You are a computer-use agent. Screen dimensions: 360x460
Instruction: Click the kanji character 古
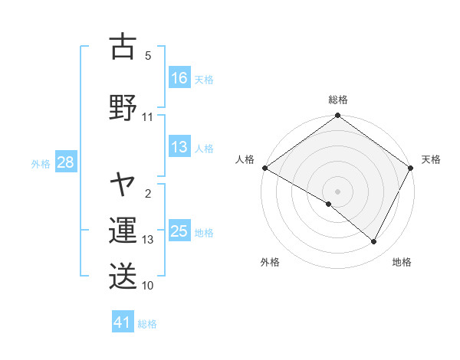123,47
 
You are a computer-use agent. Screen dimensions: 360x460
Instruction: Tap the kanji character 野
123,106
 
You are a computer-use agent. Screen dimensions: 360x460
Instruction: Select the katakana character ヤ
123,184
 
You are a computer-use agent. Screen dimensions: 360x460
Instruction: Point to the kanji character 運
123,231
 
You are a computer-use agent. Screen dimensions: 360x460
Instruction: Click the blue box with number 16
179,78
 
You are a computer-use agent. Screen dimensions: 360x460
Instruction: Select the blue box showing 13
179,148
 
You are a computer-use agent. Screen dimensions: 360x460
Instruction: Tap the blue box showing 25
179,231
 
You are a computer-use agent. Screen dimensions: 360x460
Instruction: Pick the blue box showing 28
65,162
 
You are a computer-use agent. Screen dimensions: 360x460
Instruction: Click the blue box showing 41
123,322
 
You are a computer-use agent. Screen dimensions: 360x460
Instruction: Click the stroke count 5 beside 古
148,55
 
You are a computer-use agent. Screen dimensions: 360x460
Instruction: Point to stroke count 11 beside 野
148,117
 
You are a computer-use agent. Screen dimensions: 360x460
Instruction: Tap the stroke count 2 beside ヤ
148,193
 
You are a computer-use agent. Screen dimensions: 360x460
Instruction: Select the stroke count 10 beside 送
148,286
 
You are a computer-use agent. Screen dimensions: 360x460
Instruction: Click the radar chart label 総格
337,100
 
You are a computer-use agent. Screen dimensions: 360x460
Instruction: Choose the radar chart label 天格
431,159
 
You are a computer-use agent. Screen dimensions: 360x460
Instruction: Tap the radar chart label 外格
270,262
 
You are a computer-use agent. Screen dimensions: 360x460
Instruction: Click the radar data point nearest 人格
264,168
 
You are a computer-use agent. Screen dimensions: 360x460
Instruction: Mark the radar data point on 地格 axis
374,242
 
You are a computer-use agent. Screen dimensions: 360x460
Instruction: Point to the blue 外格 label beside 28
41,163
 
